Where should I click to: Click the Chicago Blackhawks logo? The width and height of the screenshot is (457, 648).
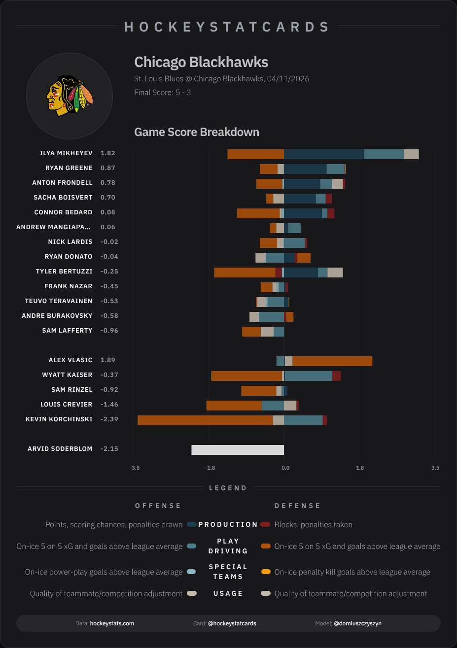(70, 96)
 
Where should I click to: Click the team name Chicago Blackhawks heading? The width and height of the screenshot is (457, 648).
(201, 62)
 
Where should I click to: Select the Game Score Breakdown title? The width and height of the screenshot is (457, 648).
(196, 132)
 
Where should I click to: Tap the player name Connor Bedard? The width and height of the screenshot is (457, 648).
(63, 212)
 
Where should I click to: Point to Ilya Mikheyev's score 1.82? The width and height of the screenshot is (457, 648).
(107, 153)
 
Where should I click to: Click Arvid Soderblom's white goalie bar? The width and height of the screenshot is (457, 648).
(238, 449)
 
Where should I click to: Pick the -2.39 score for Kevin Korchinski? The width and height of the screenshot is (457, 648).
(109, 419)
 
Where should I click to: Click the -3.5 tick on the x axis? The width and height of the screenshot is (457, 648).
(134, 467)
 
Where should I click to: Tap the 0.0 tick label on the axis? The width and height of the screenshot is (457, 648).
(285, 467)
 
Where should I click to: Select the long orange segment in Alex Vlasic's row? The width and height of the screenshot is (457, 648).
(332, 361)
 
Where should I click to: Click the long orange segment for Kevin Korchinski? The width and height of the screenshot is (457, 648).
(205, 420)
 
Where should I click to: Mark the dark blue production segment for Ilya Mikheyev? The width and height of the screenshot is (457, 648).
(324, 154)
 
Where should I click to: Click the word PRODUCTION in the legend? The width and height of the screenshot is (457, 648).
(228, 524)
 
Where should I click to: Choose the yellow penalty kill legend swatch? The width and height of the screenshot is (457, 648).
(266, 572)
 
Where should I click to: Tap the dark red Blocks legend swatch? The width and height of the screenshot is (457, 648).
(266, 524)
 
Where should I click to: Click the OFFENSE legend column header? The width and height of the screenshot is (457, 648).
(158, 506)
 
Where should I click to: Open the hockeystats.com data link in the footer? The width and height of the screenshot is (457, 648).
(112, 623)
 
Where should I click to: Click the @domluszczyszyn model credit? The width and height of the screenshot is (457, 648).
(357, 623)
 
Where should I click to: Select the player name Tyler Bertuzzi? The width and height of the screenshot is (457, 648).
(64, 272)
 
